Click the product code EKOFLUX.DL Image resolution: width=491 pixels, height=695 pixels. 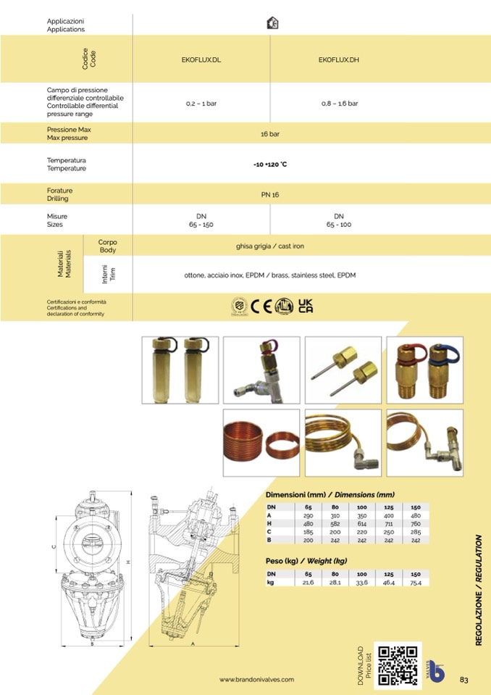[201, 60]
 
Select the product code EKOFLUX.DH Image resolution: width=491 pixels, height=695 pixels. [339, 60]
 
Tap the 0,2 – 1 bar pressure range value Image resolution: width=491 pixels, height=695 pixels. [201, 104]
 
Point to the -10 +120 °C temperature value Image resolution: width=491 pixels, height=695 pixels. [270, 165]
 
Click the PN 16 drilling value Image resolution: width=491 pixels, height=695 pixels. [270, 194]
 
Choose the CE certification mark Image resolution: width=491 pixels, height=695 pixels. [261, 307]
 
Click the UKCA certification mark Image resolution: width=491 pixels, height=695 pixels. [306, 307]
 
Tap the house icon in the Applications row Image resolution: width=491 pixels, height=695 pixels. [273, 23]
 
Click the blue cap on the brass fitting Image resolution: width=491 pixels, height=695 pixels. [445, 353]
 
